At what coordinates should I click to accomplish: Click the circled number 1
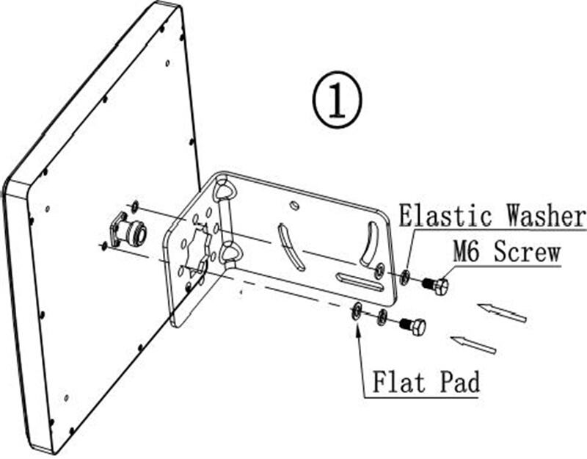338,100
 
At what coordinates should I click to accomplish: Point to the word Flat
399,382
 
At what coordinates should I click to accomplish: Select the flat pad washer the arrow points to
356,311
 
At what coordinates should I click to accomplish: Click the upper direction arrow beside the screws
502,313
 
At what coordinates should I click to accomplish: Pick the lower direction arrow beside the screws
473,345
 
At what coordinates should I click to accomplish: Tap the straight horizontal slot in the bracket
360,282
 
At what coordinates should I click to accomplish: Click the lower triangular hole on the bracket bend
228,253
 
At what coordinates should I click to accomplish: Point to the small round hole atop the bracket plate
295,205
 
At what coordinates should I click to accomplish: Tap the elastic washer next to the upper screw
405,278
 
